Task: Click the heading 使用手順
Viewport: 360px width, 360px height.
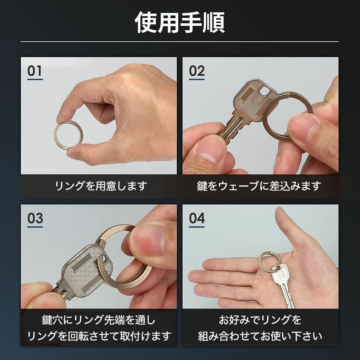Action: click(x=180, y=23)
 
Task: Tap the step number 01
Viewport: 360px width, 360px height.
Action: click(x=35, y=71)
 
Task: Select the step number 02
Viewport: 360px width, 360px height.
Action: click(x=197, y=71)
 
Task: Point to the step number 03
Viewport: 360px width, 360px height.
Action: click(x=35, y=218)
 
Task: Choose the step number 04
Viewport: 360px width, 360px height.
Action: click(x=197, y=218)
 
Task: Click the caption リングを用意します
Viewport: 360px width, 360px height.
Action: click(x=101, y=186)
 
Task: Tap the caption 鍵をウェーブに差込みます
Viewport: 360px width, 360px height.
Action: click(x=259, y=186)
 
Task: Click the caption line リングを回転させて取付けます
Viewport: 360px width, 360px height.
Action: click(x=99, y=337)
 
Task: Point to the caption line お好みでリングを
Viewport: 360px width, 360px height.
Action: click(x=260, y=320)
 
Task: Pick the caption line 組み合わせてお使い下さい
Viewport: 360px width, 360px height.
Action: click(x=260, y=337)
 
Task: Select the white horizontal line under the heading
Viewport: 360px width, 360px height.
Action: click(x=180, y=42)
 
